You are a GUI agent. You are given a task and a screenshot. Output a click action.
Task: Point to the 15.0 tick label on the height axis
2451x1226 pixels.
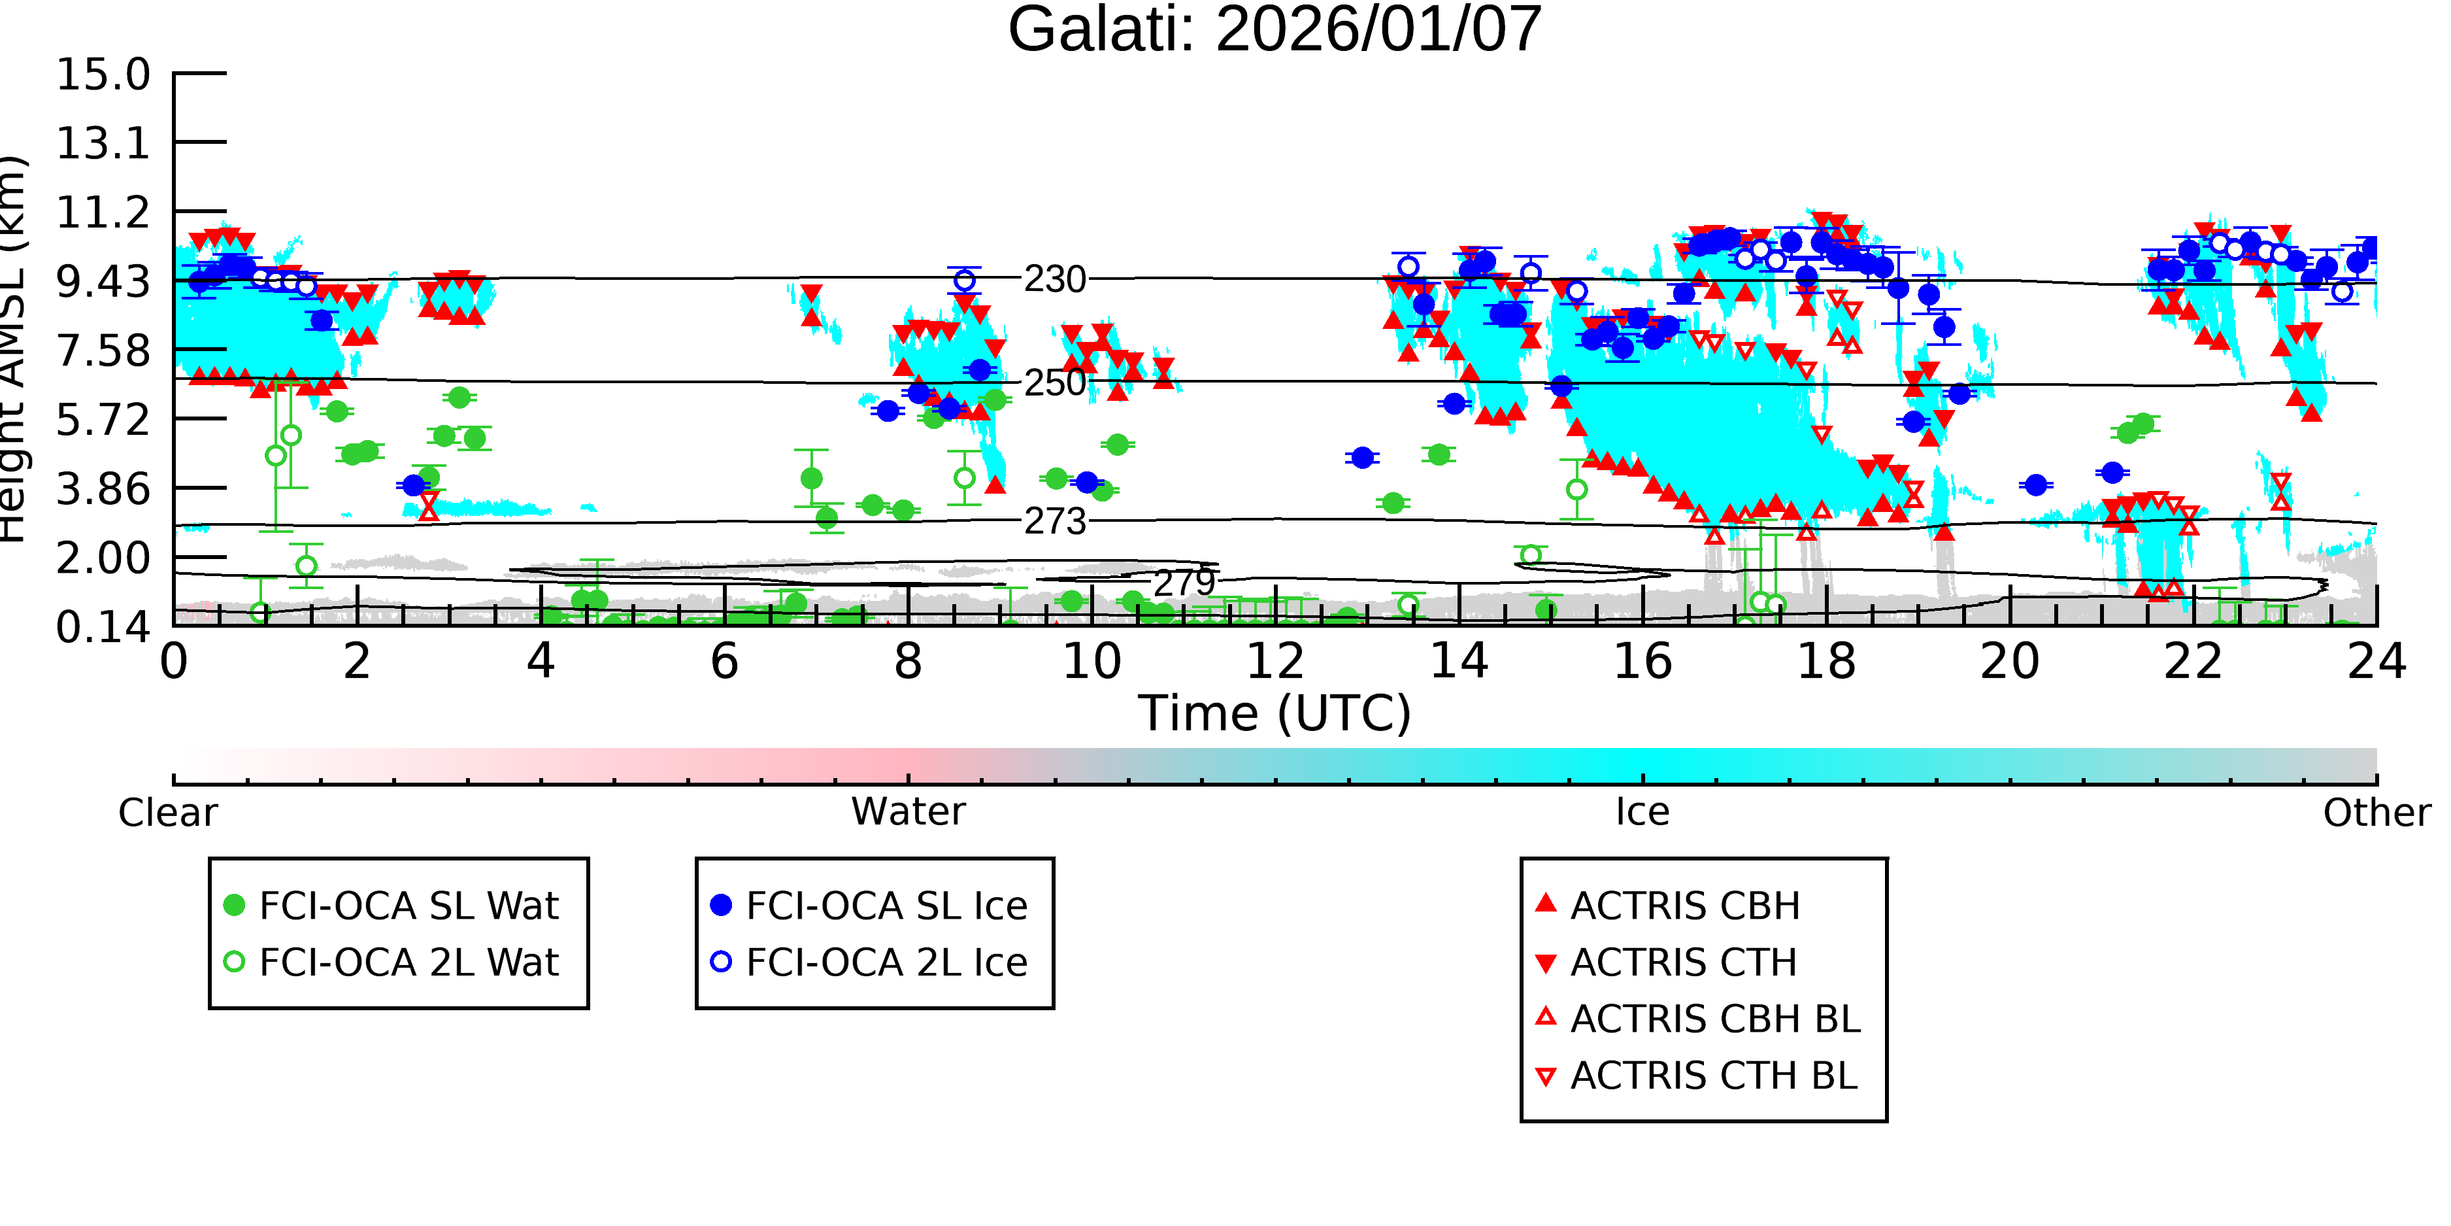(x=103, y=75)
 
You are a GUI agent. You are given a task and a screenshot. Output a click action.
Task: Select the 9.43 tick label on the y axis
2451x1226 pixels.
(x=103, y=282)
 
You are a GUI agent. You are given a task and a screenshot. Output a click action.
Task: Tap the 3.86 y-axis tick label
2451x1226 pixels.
(x=103, y=489)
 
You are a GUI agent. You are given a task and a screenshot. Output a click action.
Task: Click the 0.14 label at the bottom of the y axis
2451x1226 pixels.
(x=103, y=627)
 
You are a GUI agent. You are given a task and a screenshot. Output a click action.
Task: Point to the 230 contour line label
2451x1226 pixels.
(x=1054, y=280)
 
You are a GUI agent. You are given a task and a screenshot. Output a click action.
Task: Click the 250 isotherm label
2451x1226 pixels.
(x=1054, y=383)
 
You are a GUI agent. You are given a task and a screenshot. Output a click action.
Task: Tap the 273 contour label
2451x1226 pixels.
(x=1054, y=522)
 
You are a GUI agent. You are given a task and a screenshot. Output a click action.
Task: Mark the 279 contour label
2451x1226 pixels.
(x=1184, y=583)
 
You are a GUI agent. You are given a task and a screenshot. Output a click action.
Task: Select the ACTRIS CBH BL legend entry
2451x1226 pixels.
(x=1699, y=1019)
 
